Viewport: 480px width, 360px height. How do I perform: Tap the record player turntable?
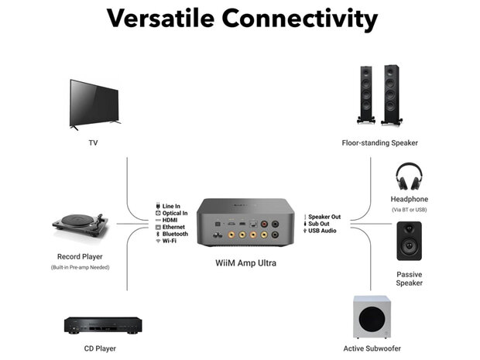(x=80, y=225)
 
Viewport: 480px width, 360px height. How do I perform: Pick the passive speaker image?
(x=409, y=241)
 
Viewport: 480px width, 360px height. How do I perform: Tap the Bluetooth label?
(x=176, y=234)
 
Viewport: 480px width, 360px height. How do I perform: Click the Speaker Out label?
(x=325, y=217)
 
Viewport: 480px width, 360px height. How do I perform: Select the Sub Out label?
(x=321, y=224)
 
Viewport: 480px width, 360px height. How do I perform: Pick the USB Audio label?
(x=323, y=231)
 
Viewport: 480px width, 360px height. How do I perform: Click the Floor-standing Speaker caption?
(x=379, y=142)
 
